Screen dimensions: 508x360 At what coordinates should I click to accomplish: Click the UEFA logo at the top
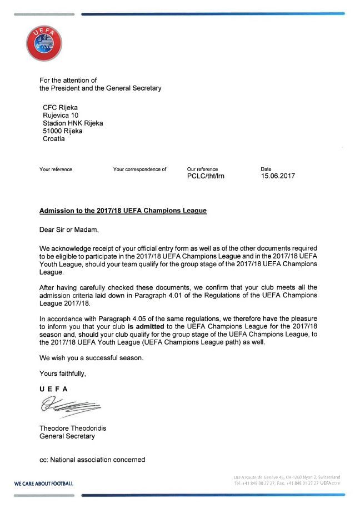(x=44, y=44)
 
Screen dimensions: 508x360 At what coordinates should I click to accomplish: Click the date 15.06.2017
(x=278, y=176)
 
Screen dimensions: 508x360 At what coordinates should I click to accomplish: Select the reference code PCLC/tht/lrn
(x=206, y=176)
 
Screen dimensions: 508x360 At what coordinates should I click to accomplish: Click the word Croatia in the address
(x=54, y=139)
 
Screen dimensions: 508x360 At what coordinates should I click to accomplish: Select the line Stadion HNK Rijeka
(x=73, y=123)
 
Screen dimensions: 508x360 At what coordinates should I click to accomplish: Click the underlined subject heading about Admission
(x=123, y=211)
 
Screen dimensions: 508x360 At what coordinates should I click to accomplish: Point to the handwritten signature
(x=69, y=408)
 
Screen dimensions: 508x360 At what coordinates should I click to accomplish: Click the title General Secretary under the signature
(x=67, y=436)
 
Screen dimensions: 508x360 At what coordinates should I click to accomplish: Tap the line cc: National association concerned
(x=92, y=460)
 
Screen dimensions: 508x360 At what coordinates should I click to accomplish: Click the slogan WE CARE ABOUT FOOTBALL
(x=44, y=484)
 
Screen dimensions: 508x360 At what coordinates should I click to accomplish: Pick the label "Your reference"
(x=56, y=169)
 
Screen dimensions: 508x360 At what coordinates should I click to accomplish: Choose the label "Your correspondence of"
(x=139, y=169)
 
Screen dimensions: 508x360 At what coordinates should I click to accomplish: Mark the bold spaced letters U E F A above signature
(x=53, y=389)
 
